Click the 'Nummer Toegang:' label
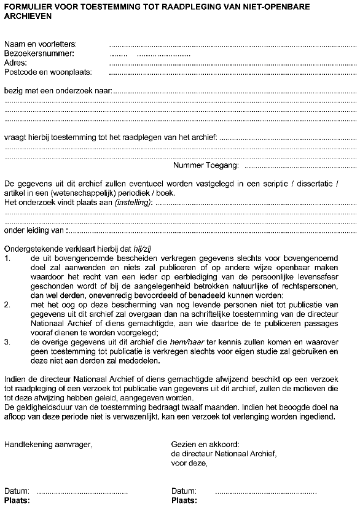(206, 165)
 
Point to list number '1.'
(8, 259)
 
